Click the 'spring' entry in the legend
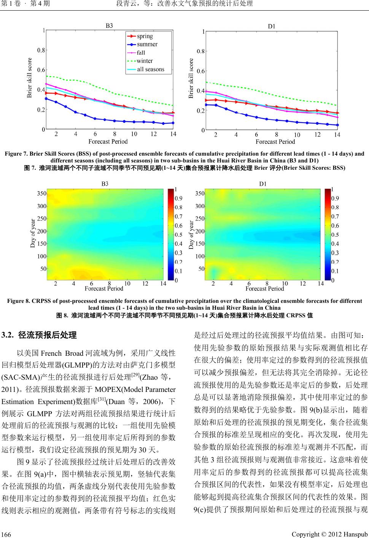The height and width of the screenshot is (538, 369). tap(145, 36)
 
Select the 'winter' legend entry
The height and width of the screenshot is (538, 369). tap(145, 61)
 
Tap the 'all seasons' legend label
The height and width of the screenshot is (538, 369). tap(150, 69)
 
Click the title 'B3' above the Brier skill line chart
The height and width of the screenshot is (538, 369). tap(109, 26)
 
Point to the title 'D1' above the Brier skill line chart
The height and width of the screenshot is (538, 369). tap(272, 26)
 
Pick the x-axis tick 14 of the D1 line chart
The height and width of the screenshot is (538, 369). tap(337, 135)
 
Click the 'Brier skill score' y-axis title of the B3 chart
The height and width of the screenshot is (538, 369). tap(30, 78)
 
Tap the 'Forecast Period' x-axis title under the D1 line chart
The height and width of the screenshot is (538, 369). tap(275, 142)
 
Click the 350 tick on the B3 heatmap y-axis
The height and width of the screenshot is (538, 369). tap(41, 193)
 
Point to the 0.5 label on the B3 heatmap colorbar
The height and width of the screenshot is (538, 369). tap(178, 235)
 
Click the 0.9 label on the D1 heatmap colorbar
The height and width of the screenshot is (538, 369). tap(336, 198)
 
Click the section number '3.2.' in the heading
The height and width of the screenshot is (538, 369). tap(8, 335)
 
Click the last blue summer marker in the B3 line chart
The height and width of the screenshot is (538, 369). tap(173, 123)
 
